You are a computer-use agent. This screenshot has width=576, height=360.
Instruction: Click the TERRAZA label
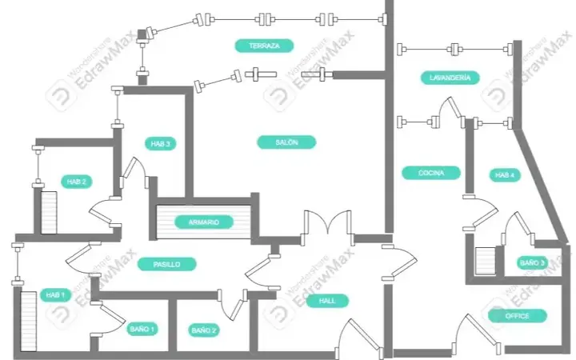[x=264, y=46]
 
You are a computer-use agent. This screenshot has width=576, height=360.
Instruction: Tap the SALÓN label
[x=286, y=142]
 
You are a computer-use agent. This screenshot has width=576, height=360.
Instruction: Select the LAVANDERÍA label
[x=450, y=78]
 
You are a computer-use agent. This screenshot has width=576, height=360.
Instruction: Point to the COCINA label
[x=431, y=173]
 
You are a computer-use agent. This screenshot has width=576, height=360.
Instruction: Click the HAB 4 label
[x=505, y=175]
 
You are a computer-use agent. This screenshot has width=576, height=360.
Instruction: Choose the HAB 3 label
[x=161, y=144]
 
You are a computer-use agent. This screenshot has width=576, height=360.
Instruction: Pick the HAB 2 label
[x=77, y=182]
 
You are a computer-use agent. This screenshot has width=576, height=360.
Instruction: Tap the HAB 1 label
[x=55, y=295]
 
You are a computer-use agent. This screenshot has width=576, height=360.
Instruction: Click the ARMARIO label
[x=204, y=222]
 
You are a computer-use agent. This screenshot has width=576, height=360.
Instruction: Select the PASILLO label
[x=166, y=264]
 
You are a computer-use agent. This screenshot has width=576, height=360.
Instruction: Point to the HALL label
[x=327, y=301]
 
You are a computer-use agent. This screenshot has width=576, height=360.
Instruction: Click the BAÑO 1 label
[x=142, y=329]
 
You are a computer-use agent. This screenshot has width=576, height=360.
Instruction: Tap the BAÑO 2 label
[x=204, y=330]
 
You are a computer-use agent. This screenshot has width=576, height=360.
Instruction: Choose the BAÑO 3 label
[x=532, y=263]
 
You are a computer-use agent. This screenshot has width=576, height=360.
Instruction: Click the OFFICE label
[x=518, y=316]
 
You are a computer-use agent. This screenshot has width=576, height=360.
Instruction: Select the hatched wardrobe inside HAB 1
[x=29, y=322]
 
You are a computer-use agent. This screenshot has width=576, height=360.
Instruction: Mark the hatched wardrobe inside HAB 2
[x=49, y=213]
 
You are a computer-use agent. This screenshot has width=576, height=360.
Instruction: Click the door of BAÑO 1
[x=108, y=318]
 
